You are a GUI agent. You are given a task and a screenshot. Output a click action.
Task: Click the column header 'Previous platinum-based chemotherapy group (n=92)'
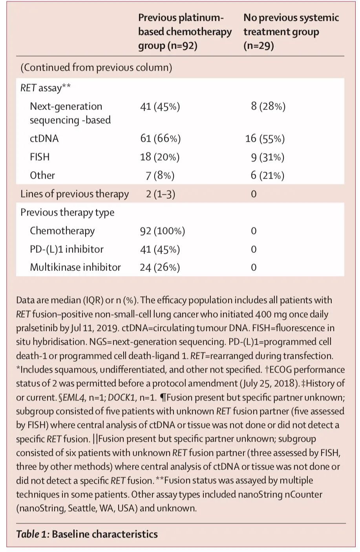coord(185,31)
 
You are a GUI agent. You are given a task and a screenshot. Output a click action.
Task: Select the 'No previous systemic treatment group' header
coord(291,31)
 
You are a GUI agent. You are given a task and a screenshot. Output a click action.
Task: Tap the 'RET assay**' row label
coord(46,88)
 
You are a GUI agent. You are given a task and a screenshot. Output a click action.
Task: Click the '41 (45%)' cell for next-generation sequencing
coord(160,106)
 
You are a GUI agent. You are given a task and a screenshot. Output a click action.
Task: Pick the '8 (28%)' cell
coord(268,106)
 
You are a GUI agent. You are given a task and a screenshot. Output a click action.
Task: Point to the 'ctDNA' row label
coord(44,138)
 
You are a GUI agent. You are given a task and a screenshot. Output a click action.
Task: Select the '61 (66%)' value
coord(160,138)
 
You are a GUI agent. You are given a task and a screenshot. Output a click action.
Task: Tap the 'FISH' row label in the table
coord(40,157)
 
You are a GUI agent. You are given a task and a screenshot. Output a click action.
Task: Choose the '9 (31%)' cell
coord(267,157)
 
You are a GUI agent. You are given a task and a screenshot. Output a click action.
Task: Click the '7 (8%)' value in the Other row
coord(160,175)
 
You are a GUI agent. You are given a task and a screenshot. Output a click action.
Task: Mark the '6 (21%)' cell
coord(267,175)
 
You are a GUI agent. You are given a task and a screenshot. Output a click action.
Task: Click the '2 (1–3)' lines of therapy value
coord(160,194)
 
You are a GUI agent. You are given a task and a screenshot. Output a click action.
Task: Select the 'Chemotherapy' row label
coord(62,231)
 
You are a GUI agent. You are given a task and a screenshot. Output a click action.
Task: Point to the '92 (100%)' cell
coord(162,231)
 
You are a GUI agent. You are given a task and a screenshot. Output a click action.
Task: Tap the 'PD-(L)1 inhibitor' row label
coord(66,249)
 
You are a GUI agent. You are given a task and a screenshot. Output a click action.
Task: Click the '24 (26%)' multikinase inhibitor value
coord(160,267)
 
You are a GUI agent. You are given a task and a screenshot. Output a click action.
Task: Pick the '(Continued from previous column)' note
coord(96,68)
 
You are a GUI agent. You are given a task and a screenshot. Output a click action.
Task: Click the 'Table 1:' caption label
coord(33,534)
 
